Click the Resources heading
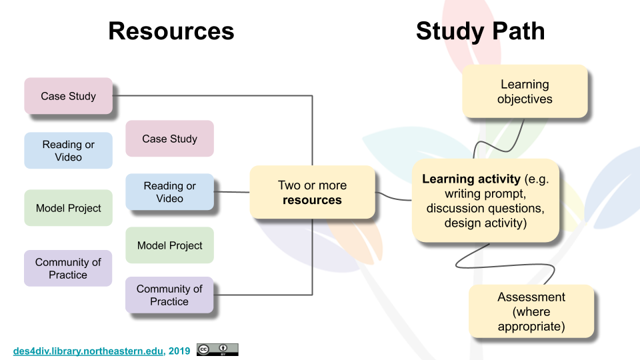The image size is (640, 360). [x=171, y=31]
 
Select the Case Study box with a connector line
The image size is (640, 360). [x=68, y=96]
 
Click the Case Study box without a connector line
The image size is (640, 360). [x=169, y=139]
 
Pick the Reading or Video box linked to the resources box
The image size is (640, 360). [x=169, y=192]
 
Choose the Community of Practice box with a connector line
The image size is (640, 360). [x=169, y=295]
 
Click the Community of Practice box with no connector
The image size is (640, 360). [x=68, y=268]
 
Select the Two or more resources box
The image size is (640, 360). [x=312, y=192]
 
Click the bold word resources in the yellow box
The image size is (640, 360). [x=312, y=200]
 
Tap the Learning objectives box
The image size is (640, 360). [x=525, y=91]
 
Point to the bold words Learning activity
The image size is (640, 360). [x=471, y=179]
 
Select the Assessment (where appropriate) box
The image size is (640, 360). [x=531, y=311]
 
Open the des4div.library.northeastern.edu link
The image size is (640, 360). [x=88, y=351]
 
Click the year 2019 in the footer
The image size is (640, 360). [x=179, y=351]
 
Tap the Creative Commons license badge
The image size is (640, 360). [x=217, y=350]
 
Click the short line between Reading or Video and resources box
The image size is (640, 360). [x=231, y=192]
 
